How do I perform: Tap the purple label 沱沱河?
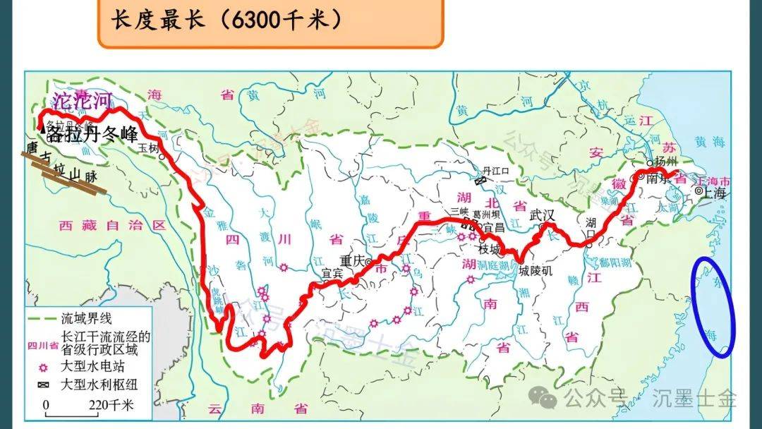(83, 100)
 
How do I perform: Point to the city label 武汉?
(543, 215)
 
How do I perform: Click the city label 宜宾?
(332, 272)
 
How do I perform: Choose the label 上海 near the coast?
(714, 191)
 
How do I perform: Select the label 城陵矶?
(536, 271)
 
